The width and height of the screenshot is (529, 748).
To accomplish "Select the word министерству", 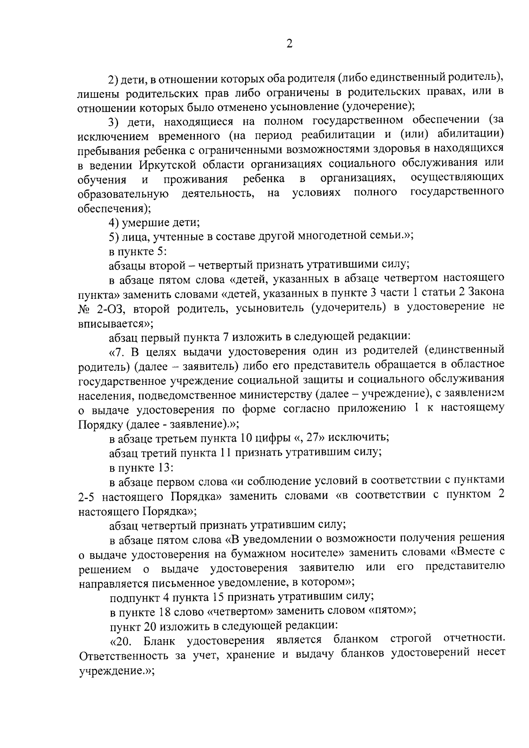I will [x=279, y=394].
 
